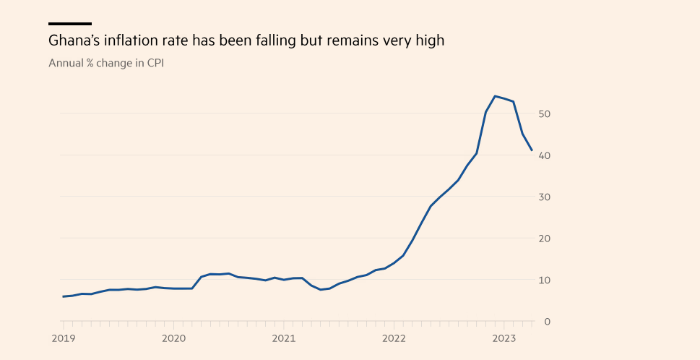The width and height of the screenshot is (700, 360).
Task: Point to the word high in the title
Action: click(x=428, y=40)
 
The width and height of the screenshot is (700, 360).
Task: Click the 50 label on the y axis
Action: click(x=545, y=114)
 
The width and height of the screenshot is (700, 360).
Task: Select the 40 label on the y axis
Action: click(x=545, y=155)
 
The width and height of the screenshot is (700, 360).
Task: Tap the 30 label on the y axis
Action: click(x=545, y=197)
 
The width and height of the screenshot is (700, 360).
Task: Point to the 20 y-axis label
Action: click(x=545, y=239)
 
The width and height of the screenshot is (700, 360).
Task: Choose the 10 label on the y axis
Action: click(x=545, y=280)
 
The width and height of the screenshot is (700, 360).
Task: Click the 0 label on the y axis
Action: click(x=548, y=321)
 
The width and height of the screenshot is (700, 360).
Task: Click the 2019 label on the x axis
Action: click(x=63, y=338)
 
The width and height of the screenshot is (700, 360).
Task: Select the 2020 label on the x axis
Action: click(x=173, y=338)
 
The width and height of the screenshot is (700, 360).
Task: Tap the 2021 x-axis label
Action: click(x=284, y=338)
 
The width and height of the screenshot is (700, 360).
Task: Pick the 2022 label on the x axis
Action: click(x=394, y=338)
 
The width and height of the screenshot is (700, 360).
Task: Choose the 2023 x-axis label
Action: click(x=504, y=338)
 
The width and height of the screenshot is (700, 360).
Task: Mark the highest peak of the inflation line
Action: click(x=495, y=96)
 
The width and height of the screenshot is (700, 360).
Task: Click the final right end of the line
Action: click(x=532, y=150)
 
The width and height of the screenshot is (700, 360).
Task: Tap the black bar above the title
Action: click(x=70, y=23)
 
